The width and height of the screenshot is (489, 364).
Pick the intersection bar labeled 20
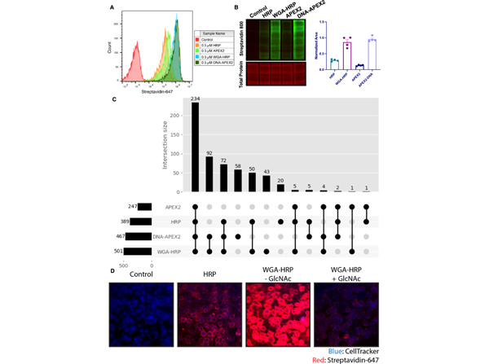(280, 188)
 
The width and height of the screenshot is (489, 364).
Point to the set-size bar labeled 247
(145, 208)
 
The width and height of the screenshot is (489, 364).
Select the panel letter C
(115, 99)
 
